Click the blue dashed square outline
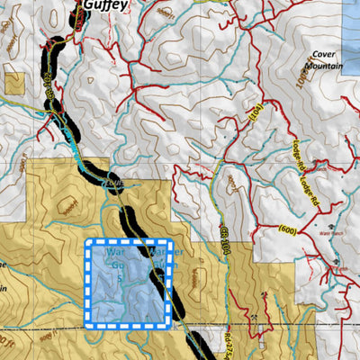point(129,281)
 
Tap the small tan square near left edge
point(14,83)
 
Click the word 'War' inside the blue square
point(102,254)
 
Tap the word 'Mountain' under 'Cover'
point(323,65)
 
